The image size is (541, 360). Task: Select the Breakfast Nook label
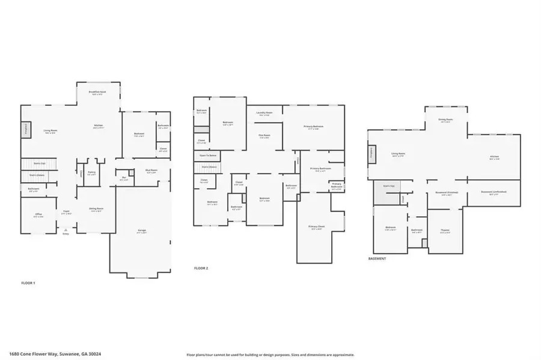tap(97, 93)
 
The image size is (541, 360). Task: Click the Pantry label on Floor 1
tap(91, 174)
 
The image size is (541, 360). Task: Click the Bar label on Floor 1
tap(123, 178)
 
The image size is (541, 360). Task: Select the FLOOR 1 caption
tap(28, 282)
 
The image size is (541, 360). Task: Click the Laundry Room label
tap(264, 114)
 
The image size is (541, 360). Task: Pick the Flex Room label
tap(264, 136)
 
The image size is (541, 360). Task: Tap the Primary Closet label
tap(316, 227)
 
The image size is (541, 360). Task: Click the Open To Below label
tap(206, 156)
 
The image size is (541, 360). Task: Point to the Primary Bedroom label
tap(314, 127)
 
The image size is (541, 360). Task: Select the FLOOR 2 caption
tap(201, 268)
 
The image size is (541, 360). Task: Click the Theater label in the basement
tap(445, 231)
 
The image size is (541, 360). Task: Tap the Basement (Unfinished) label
tap(494, 193)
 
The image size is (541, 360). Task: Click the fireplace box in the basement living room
tap(372, 153)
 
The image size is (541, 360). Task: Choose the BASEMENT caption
tap(377, 258)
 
